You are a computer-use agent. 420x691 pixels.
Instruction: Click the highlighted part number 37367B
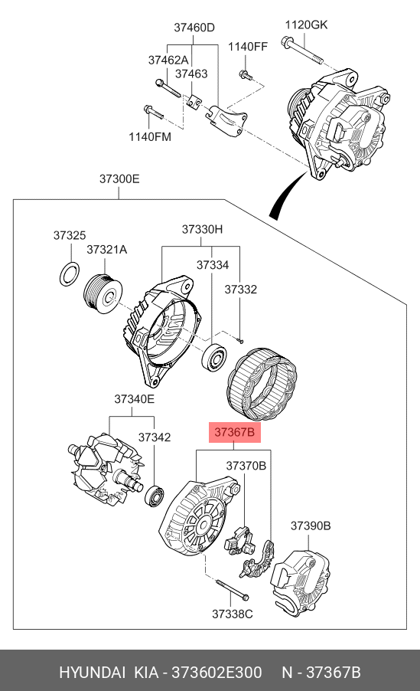tap(234, 432)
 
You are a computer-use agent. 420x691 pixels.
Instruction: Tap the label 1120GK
tap(306, 25)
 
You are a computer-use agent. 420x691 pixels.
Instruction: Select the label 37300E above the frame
tap(119, 179)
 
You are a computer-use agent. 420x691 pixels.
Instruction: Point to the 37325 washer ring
tap(70, 273)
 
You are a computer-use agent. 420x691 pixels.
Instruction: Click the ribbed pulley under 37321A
tap(103, 295)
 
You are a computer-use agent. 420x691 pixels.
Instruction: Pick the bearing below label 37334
tap(214, 356)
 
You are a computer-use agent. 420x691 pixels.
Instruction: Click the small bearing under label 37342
tap(155, 496)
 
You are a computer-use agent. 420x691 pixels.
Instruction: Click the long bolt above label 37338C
tap(232, 589)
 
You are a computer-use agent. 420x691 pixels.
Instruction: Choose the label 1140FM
tap(150, 137)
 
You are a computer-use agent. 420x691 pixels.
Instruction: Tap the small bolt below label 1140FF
tap(246, 75)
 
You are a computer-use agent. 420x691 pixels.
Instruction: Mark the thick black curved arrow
tap(287, 195)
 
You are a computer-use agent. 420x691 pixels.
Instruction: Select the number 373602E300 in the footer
tap(217, 673)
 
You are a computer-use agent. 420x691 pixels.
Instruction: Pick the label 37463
tap(191, 74)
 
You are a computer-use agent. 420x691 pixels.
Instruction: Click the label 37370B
tap(246, 465)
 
